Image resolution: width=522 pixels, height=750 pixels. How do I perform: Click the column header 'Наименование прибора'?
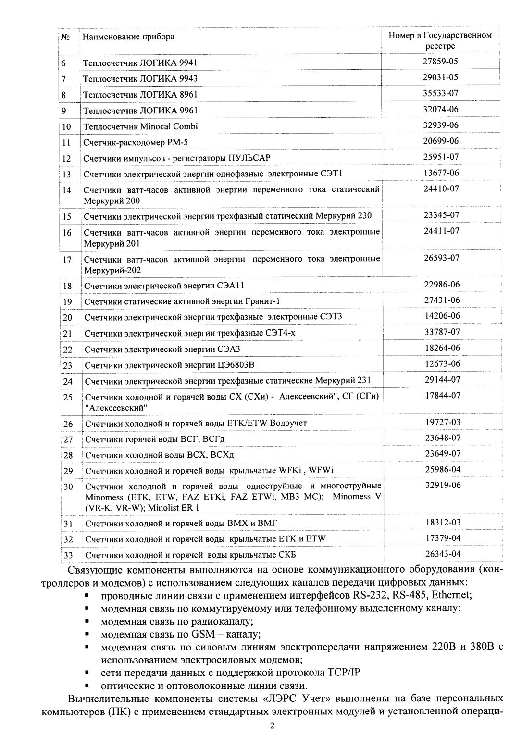coord(128,37)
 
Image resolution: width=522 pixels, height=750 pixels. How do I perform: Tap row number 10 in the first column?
coord(67,127)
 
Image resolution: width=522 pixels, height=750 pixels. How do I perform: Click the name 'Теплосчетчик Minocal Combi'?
coord(140,126)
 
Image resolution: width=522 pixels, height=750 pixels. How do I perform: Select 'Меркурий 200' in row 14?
coord(105,200)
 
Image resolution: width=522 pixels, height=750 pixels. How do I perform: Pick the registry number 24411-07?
coord(441,231)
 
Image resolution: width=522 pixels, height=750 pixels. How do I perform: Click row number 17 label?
coord(67,260)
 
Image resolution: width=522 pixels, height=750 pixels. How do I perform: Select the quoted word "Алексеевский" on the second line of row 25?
coord(116,408)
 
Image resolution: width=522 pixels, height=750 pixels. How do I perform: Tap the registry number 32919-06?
coord(443,485)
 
